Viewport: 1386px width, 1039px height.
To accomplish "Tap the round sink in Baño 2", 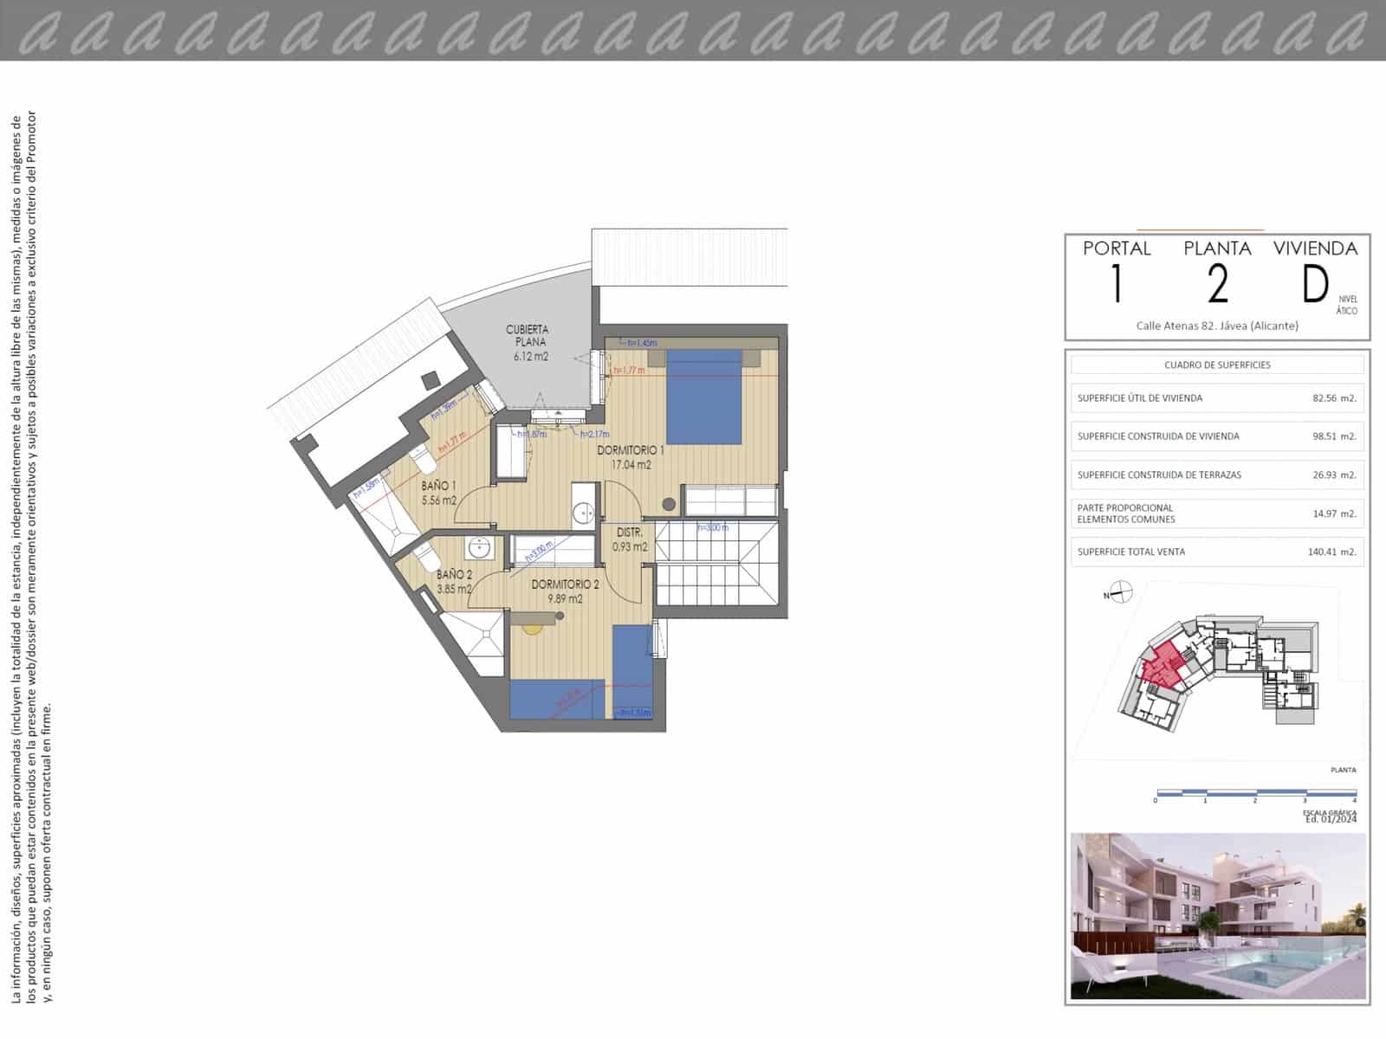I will click(x=477, y=548).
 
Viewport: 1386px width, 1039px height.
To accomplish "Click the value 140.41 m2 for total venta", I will click(x=1331, y=552).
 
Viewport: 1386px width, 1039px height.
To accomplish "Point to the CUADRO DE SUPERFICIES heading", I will click(x=1217, y=365).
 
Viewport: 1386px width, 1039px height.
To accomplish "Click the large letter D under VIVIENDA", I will click(x=1315, y=285).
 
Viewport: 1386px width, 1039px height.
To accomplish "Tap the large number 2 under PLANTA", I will click(x=1218, y=285).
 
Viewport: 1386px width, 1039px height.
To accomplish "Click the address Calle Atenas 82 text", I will click(x=1217, y=326).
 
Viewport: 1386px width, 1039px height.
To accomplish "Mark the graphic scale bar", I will click(x=1255, y=792).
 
